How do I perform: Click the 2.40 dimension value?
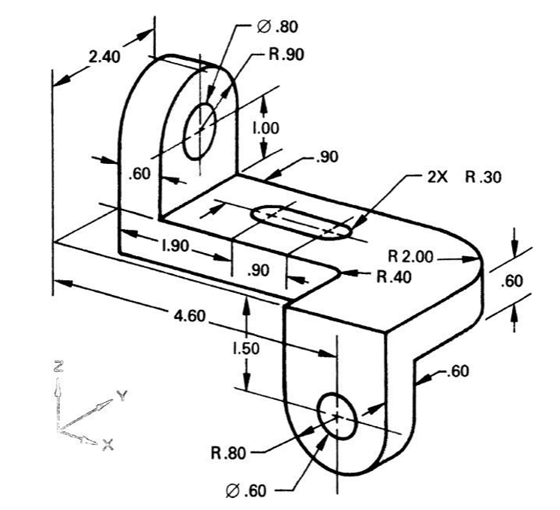pyautogui.click(x=102, y=56)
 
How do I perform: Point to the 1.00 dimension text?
pyautogui.click(x=265, y=128)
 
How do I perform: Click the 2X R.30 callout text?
pyautogui.click(x=463, y=177)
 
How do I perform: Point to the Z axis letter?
pyautogui.click(x=58, y=366)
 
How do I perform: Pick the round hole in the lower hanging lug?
pyautogui.click(x=337, y=416)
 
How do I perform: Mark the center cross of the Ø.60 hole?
pyautogui.click(x=337, y=416)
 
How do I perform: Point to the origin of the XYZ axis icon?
pyautogui.click(x=58, y=430)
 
